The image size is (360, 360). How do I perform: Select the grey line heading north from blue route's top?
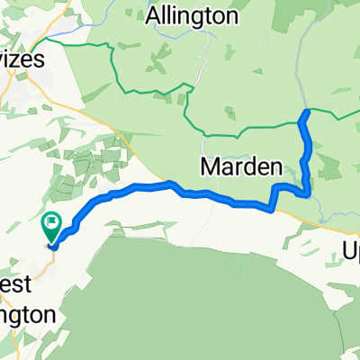pyautogui.click(x=302, y=72)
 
